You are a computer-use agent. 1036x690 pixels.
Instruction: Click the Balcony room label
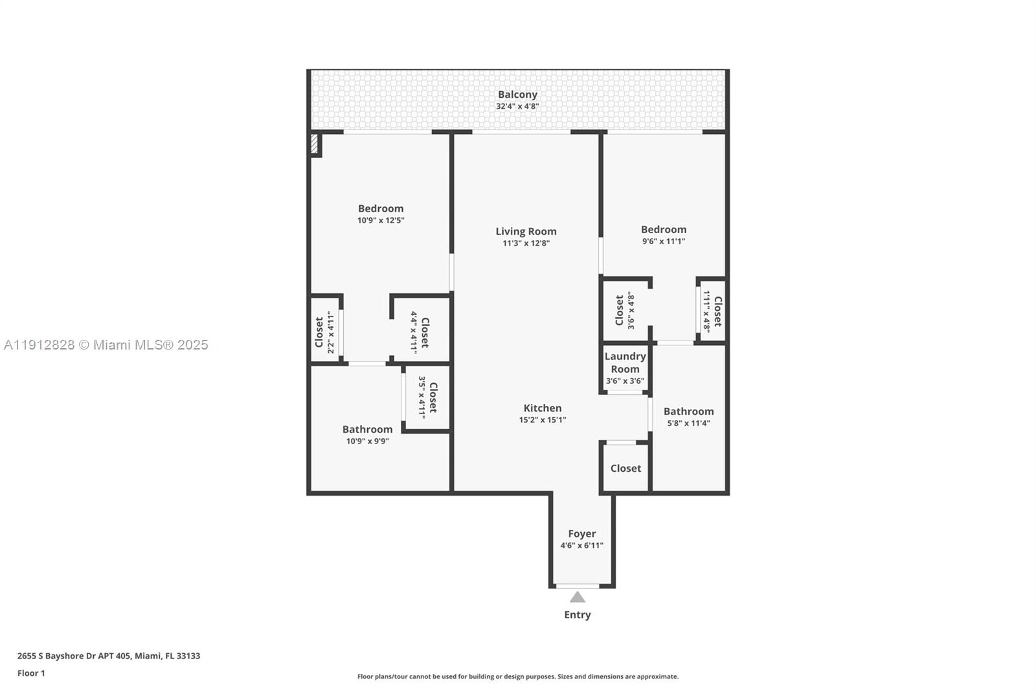pyautogui.click(x=517, y=95)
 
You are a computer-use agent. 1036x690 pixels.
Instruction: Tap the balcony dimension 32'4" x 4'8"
pyautogui.click(x=517, y=106)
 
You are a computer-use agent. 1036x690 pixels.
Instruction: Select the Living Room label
pyautogui.click(x=526, y=231)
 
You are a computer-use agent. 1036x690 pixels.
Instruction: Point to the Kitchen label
pyautogui.click(x=543, y=408)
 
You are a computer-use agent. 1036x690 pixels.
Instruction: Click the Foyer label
pyautogui.click(x=581, y=533)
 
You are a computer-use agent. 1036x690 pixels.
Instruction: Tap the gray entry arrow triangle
pyautogui.click(x=577, y=597)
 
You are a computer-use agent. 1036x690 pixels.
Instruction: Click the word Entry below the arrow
pyautogui.click(x=577, y=615)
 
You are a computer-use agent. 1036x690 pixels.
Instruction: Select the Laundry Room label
pyautogui.click(x=625, y=362)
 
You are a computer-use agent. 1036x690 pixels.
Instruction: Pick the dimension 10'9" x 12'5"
pyautogui.click(x=381, y=220)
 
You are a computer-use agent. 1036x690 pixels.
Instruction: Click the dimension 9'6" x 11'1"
pyautogui.click(x=663, y=241)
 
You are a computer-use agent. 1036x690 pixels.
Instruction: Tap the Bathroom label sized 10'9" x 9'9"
pyautogui.click(x=367, y=429)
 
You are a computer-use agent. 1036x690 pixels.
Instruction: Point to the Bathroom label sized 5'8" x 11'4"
pyautogui.click(x=688, y=411)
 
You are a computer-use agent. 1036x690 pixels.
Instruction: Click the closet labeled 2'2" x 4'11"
pyautogui.click(x=324, y=331)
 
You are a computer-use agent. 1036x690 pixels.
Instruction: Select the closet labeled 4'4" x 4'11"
pyautogui.click(x=420, y=332)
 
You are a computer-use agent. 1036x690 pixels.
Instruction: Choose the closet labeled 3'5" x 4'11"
pyautogui.click(x=427, y=397)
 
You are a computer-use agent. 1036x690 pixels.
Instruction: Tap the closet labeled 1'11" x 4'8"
pyautogui.click(x=712, y=311)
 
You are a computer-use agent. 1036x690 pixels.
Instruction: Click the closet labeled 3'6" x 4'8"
pyautogui.click(x=624, y=311)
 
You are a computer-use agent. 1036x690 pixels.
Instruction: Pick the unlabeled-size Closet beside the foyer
pyautogui.click(x=625, y=468)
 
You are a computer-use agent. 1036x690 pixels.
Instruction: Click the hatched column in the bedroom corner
pyautogui.click(x=315, y=144)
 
